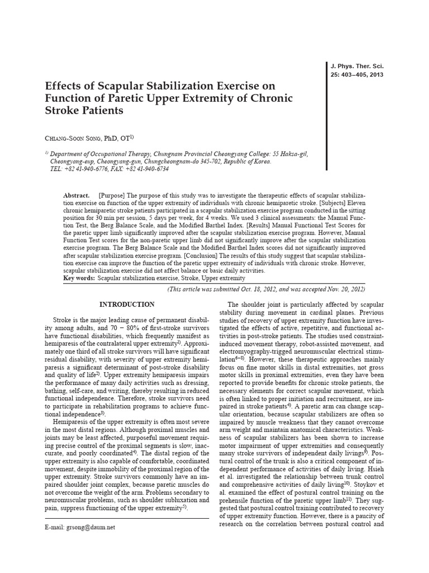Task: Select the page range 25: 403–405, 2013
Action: pos(358,75)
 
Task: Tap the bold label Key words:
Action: pos(79,278)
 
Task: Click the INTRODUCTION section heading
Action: pos(127,304)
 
